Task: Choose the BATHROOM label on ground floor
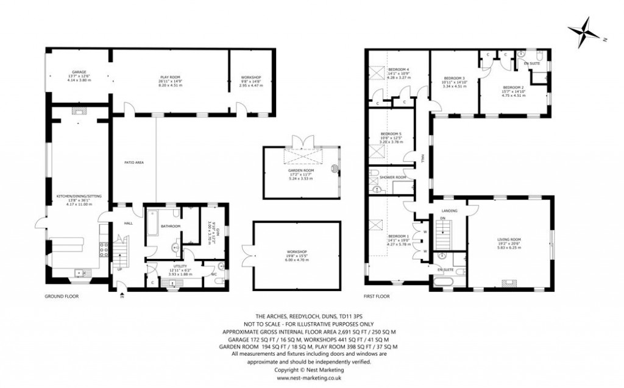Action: [171, 227]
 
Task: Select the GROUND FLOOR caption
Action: [62, 297]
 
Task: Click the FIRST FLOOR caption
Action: [376, 297]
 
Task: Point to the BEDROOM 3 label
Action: [454, 78]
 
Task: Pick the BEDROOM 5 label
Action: [391, 134]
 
